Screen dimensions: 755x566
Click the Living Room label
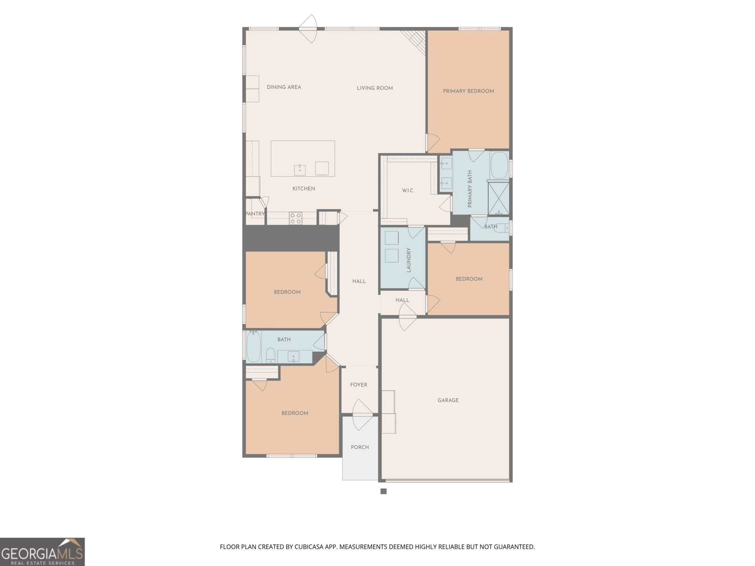click(375, 88)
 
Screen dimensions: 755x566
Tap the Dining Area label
click(284, 87)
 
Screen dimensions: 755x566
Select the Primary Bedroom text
click(468, 91)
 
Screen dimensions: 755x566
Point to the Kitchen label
click(303, 189)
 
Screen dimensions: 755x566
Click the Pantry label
click(255, 214)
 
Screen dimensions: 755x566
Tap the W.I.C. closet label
click(408, 191)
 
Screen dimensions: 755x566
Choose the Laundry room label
click(409, 260)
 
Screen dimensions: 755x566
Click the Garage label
click(448, 400)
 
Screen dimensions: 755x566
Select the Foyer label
click(359, 385)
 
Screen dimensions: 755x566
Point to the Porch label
click(360, 447)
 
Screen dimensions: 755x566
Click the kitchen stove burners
click(295, 218)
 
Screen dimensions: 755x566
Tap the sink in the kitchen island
click(300, 170)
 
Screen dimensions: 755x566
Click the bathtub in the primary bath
click(499, 165)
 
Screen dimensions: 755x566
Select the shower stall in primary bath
click(498, 198)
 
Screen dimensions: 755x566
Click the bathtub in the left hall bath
click(253, 346)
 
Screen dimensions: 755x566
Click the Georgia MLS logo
click(42, 552)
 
